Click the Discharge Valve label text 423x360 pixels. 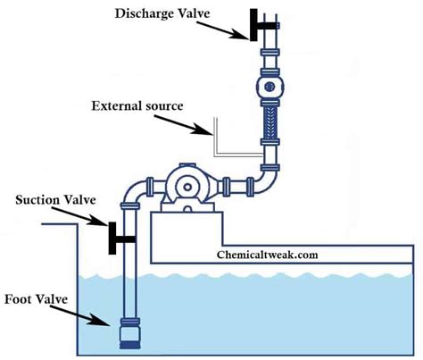(x=162, y=13)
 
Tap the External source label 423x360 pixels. (x=137, y=106)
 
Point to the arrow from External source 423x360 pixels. (x=184, y=125)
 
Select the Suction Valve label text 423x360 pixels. (x=55, y=200)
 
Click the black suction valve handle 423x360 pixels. (x=119, y=239)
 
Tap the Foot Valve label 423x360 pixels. (x=37, y=299)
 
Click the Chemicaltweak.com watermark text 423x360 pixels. (x=267, y=255)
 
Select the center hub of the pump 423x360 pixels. (x=187, y=187)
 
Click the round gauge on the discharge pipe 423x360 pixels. (x=270, y=87)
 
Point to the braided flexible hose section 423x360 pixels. (x=270, y=122)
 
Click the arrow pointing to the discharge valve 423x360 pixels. (x=223, y=30)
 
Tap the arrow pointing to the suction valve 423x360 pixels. (x=81, y=216)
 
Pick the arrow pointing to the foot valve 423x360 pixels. (x=80, y=315)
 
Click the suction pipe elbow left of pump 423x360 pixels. (x=131, y=190)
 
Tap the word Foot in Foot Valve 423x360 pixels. (x=18, y=299)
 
